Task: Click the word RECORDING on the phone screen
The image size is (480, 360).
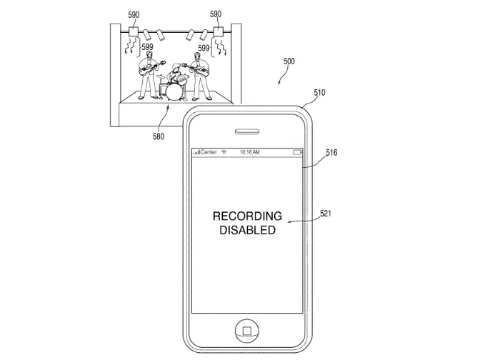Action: coord(247,216)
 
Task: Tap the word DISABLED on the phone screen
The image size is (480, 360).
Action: coord(247,231)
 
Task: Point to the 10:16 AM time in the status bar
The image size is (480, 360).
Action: coord(249,152)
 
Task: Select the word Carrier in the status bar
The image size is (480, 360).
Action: coord(207,152)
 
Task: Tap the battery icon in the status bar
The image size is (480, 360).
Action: coord(297,152)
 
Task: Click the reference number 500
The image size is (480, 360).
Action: coord(289,62)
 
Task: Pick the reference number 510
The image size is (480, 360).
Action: coord(319,92)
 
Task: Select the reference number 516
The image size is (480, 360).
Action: coord(331,152)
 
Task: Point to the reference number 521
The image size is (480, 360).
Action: coord(325,213)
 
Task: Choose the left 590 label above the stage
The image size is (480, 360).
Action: coord(133,14)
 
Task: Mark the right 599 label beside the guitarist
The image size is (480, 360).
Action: coord(203,48)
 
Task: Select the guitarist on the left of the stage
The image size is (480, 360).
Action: coord(148,74)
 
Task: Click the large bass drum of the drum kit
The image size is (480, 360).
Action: coord(171,91)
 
